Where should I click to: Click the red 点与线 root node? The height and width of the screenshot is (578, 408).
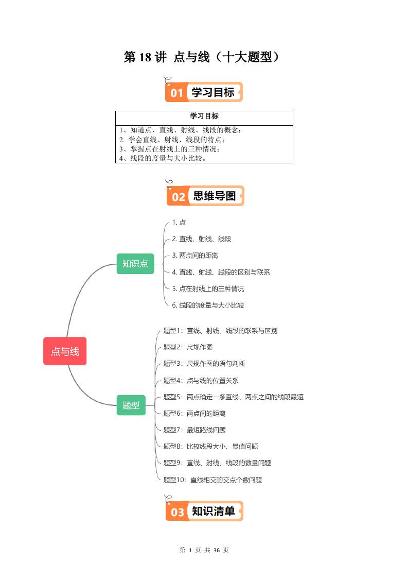(x=65, y=351)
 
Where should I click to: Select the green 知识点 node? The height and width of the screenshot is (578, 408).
(x=135, y=264)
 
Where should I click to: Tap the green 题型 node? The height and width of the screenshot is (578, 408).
(x=131, y=405)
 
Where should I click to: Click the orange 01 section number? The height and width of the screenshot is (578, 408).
(x=177, y=93)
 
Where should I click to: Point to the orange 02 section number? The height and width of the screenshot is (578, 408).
(x=179, y=196)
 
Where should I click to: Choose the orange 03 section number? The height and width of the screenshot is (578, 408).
(x=178, y=512)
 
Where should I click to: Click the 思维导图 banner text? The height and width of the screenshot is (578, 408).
(x=214, y=196)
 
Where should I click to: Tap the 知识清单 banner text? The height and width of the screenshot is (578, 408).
(x=214, y=511)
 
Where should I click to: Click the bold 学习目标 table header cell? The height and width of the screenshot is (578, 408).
(x=204, y=117)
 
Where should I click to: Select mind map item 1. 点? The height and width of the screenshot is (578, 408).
(x=179, y=222)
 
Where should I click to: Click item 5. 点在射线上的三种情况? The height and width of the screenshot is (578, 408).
(x=208, y=288)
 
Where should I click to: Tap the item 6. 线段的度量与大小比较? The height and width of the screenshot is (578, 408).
(x=208, y=305)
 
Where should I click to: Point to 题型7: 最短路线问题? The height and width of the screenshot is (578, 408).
(x=194, y=430)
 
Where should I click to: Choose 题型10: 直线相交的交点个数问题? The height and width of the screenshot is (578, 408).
(x=212, y=480)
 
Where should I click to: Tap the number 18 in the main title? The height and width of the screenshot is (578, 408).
(x=145, y=57)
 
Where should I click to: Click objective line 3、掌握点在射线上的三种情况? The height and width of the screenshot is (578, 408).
(x=169, y=149)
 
